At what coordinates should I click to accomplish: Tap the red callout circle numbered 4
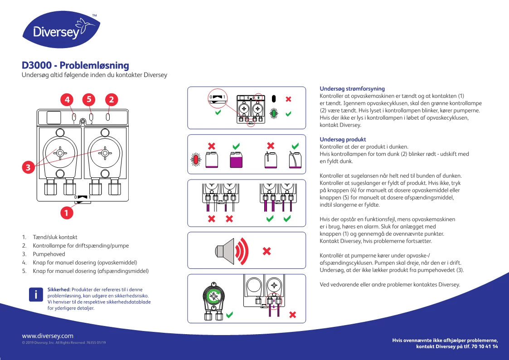pyautogui.click(x=67, y=99)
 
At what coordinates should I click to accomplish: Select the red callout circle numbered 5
pyautogui.click(x=89, y=99)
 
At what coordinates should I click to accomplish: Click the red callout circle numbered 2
pyautogui.click(x=111, y=99)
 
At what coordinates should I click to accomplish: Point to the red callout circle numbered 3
pyautogui.click(x=28, y=167)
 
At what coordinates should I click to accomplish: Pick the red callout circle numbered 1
pyautogui.click(x=66, y=212)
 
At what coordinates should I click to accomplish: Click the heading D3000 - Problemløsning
pyautogui.click(x=76, y=66)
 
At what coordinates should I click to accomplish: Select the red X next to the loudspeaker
pyautogui.click(x=267, y=251)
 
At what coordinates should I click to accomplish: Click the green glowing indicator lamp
pyautogui.click(x=274, y=113)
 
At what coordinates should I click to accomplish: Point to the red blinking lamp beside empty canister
pyautogui.click(x=196, y=160)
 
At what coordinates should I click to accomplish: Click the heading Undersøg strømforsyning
pyautogui.click(x=352, y=89)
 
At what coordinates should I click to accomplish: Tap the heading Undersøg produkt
pyautogui.click(x=343, y=139)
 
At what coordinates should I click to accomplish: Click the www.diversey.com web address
pyautogui.click(x=48, y=336)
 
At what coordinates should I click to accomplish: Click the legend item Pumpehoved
pyautogui.click(x=49, y=254)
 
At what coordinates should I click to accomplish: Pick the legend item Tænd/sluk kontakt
pyautogui.click(x=55, y=237)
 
